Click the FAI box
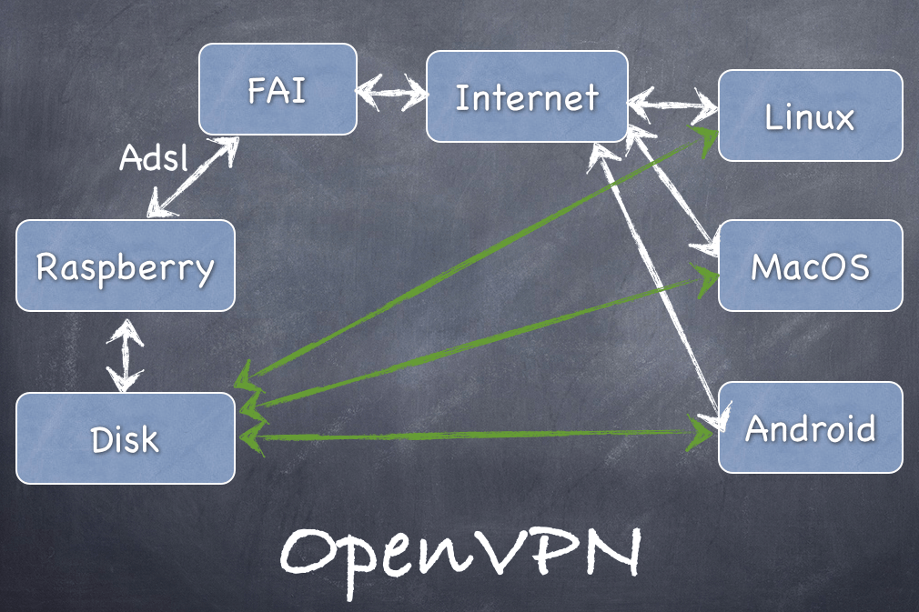(x=277, y=90)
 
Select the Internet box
(x=527, y=96)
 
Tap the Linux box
(x=810, y=115)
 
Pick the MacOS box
(x=810, y=266)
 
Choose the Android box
(x=810, y=426)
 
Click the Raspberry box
(x=126, y=266)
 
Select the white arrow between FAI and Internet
(x=391, y=92)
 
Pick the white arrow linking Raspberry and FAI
(x=192, y=177)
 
